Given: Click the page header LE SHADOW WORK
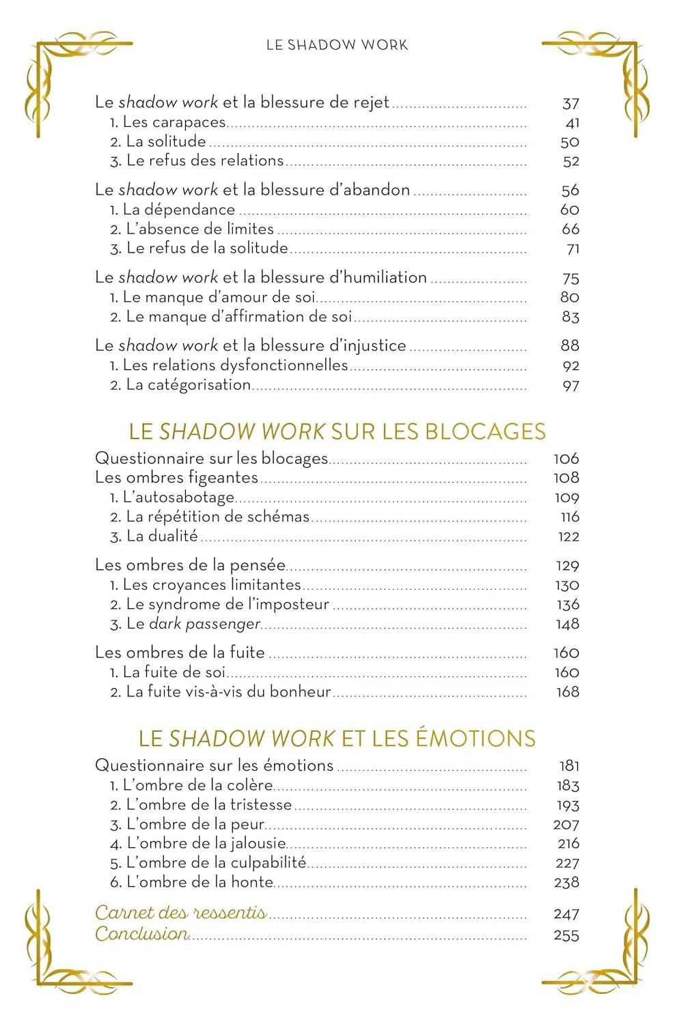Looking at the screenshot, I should tap(337, 45).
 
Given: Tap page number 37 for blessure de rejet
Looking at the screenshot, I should tap(570, 104).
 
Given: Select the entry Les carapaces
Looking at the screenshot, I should tap(174, 122).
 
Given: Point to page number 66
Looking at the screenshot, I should tap(570, 229).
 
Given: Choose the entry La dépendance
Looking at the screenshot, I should tap(179, 210).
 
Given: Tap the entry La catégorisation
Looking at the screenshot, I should tap(188, 385).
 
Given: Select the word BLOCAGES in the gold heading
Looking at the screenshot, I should tap(485, 431).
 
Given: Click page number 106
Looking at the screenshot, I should tap(566, 459).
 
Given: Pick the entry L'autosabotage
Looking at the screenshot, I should tap(178, 498).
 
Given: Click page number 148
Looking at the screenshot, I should tap(567, 624).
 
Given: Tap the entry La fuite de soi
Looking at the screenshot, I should tap(174, 672).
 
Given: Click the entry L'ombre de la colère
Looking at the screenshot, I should tap(197, 786).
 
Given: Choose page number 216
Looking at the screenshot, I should tap(568, 844).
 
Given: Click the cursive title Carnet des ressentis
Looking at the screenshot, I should tap(180, 913).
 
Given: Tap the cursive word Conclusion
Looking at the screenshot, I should tap(141, 934).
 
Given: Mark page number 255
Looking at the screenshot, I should tap(566, 935).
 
